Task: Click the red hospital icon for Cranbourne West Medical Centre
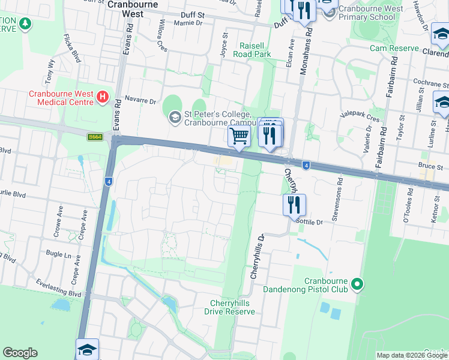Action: click(x=103, y=96)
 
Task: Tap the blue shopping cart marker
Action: click(x=240, y=136)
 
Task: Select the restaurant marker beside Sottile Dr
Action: click(x=294, y=205)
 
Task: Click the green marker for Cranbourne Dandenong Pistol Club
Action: click(x=357, y=283)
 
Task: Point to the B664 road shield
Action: click(x=94, y=137)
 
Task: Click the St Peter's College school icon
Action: click(x=175, y=116)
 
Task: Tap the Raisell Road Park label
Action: click(x=264, y=50)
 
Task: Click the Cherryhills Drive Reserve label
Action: click(x=232, y=307)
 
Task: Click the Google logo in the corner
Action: click(x=20, y=353)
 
